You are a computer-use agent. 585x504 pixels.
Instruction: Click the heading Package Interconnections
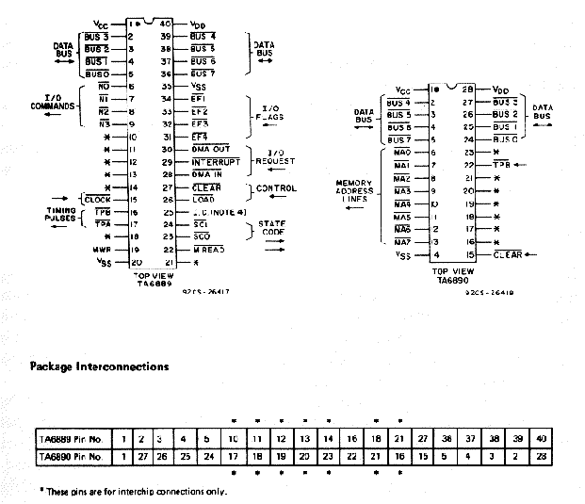(x=100, y=366)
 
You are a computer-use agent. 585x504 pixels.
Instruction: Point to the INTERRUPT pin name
(x=215, y=162)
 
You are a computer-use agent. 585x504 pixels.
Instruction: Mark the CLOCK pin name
(x=97, y=200)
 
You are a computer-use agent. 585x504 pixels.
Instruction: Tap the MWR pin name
(x=100, y=250)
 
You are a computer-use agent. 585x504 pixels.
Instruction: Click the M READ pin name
(x=207, y=250)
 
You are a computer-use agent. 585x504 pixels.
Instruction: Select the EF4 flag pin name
(x=199, y=137)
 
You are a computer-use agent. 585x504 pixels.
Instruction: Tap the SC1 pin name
(x=201, y=225)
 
